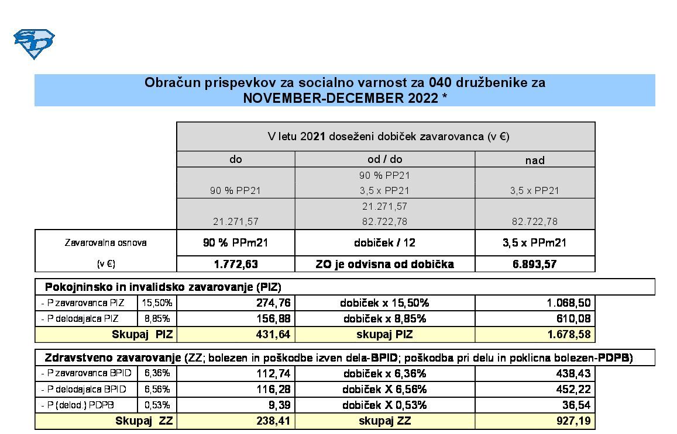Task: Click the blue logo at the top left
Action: [34, 44]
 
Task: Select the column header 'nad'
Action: [535, 160]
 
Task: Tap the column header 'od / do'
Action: [384, 159]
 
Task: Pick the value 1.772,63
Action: [236, 264]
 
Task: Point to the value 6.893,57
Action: [535, 264]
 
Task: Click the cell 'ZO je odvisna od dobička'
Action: [384, 264]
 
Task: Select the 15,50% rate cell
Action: [157, 303]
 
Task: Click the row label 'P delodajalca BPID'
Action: [85, 389]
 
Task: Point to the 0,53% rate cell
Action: [157, 405]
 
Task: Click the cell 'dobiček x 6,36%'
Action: [384, 373]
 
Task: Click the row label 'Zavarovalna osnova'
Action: [105, 243]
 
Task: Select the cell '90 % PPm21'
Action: [236, 243]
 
